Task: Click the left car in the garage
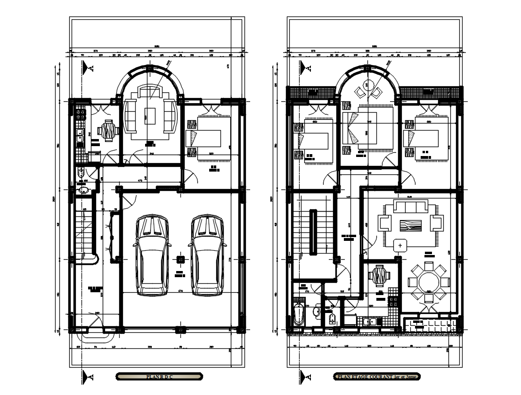(x=152, y=255)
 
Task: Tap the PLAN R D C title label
(x=160, y=377)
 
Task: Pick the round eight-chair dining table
(x=428, y=282)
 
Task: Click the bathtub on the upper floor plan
(x=298, y=314)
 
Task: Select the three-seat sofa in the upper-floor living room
(x=411, y=207)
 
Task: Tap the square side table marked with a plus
(x=400, y=246)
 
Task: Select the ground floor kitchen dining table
(x=109, y=131)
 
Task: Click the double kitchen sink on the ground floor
(x=80, y=137)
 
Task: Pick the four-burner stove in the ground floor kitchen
(x=80, y=114)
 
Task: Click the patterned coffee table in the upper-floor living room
(x=411, y=225)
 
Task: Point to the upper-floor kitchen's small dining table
(x=379, y=276)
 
